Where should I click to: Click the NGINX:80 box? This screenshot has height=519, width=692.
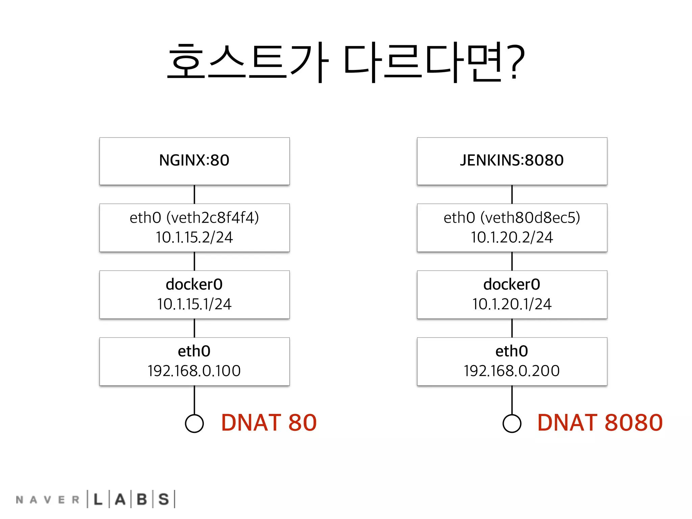coord(194,160)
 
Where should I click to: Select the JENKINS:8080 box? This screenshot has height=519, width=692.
coord(512,160)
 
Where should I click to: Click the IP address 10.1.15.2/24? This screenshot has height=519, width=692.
coord(194,237)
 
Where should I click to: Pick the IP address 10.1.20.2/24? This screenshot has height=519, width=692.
coord(512,237)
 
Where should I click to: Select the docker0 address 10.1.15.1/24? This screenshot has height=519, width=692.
coord(194,304)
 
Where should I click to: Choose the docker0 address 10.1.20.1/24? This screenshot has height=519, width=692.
coord(512,304)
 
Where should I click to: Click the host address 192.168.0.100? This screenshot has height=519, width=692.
coord(194,371)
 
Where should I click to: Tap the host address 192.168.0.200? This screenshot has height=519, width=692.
coord(512,371)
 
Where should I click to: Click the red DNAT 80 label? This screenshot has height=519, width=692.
coord(269,423)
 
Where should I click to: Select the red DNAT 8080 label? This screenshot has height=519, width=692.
coord(600,423)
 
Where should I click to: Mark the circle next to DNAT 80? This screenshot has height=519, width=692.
coord(194,423)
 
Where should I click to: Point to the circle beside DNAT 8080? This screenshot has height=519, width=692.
coord(512,423)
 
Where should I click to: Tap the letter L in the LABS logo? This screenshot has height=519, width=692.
coord(98,499)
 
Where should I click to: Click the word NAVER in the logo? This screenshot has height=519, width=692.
coord(47,500)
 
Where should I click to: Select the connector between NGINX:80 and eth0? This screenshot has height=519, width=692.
coord(194,194)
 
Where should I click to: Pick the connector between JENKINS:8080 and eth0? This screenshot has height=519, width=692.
coord(512,194)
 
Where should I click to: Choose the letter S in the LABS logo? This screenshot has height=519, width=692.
coord(164,499)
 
